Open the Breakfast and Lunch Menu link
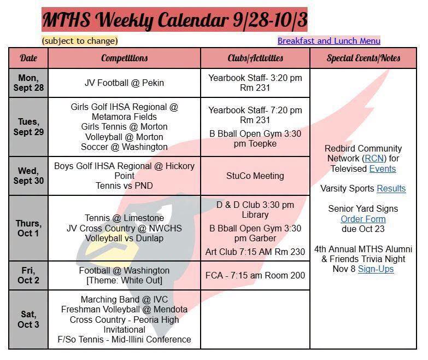(329, 41)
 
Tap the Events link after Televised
(383, 169)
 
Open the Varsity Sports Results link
(391, 188)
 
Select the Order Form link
(363, 219)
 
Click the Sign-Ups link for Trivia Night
(376, 269)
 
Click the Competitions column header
(124, 58)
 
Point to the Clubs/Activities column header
(255, 58)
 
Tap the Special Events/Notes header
(363, 58)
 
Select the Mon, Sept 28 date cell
(28, 83)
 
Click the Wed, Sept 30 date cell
(28, 176)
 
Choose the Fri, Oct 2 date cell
(28, 275)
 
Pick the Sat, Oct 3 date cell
(28, 320)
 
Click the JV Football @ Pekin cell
(124, 83)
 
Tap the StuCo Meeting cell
(255, 176)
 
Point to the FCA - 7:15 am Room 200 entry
(255, 275)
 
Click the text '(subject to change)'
(80, 41)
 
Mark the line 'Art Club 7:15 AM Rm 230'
(255, 252)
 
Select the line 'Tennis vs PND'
(124, 185)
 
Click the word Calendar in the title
(193, 20)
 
